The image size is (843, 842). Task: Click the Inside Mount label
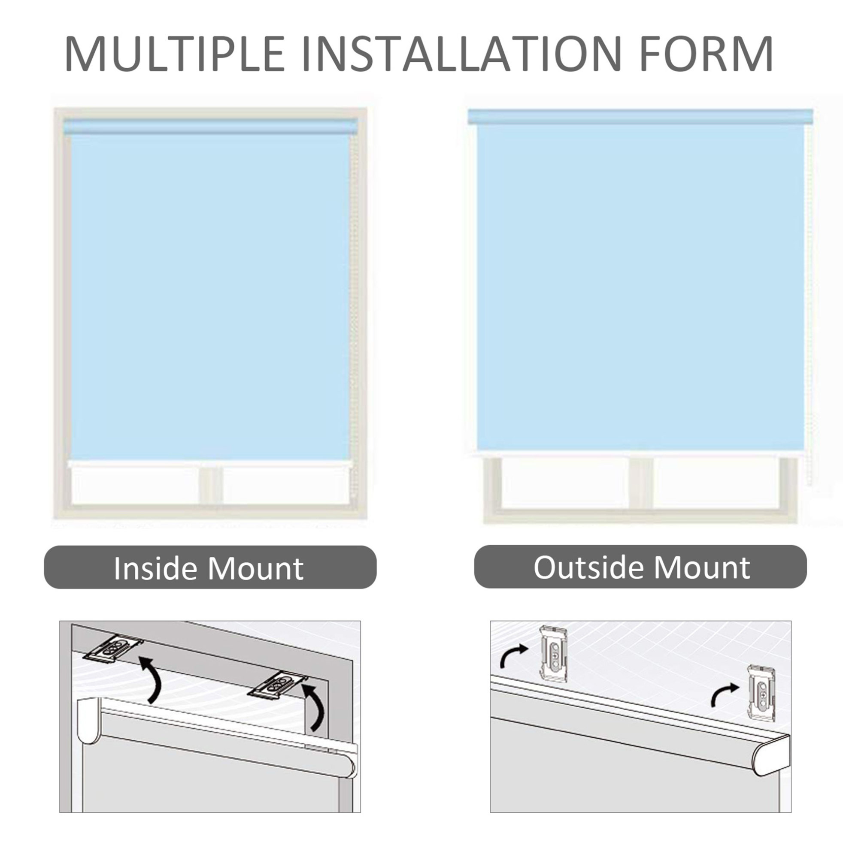tap(209, 568)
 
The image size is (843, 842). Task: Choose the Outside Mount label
tap(642, 567)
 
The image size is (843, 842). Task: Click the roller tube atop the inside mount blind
tap(211, 127)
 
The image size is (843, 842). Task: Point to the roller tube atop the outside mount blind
tap(640, 116)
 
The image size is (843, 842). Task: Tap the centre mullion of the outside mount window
tap(641, 484)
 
